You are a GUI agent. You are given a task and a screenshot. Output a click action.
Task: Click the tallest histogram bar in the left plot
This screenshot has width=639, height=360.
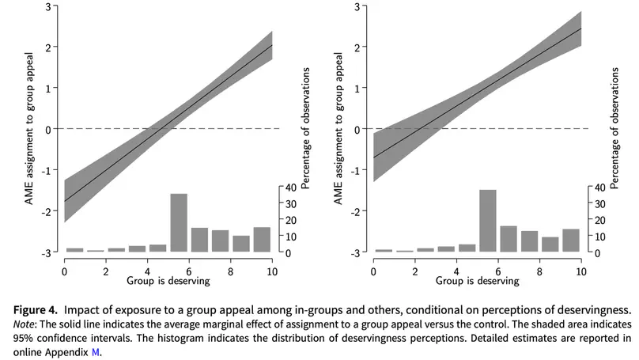coord(179,222)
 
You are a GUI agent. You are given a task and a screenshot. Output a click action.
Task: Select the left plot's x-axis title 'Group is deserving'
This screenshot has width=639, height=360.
coord(168,280)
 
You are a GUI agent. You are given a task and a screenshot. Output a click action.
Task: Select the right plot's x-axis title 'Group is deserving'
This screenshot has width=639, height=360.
coord(477,280)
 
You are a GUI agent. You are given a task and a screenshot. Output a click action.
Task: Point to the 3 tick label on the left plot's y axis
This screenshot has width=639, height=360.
coord(51,7)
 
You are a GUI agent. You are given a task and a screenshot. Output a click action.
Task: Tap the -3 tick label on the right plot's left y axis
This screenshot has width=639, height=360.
coord(358,252)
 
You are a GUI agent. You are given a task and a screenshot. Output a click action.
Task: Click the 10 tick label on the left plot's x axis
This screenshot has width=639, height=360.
coord(272,271)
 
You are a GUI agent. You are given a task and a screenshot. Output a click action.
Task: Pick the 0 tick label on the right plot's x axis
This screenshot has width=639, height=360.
coord(373,271)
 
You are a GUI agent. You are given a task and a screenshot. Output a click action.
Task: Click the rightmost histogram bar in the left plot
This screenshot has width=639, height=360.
coord(262,240)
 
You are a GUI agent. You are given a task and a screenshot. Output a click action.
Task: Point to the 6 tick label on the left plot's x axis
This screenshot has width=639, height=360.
coord(189,271)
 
